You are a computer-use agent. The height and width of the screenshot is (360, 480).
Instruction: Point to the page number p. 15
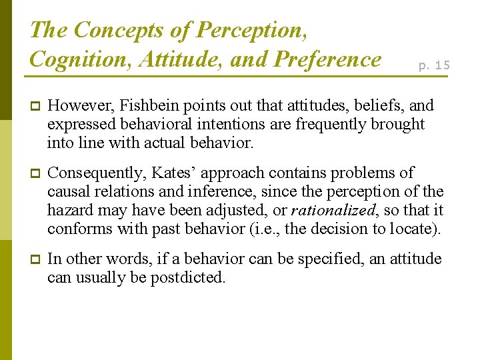click(434, 65)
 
